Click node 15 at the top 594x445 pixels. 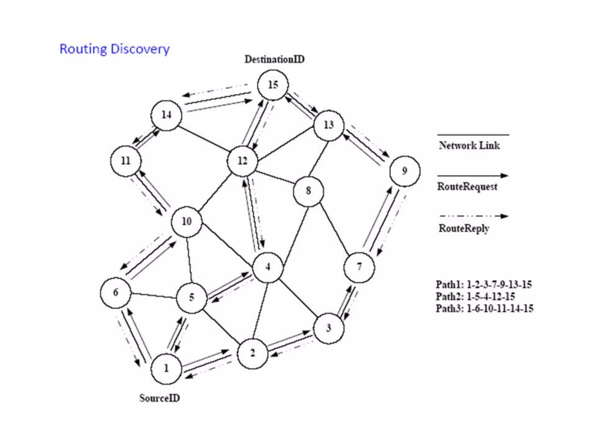[x=273, y=85]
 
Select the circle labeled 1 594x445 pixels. [x=166, y=369]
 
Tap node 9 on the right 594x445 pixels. [x=405, y=171]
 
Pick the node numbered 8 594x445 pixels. [x=308, y=191]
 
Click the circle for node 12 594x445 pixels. [x=242, y=161]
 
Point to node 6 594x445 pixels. [x=115, y=293]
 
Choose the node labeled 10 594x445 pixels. [x=186, y=222]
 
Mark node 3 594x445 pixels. [x=329, y=328]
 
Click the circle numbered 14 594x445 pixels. [x=166, y=115]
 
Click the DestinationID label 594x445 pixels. [x=274, y=59]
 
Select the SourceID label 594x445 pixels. [x=160, y=398]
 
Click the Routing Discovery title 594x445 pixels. [x=115, y=49]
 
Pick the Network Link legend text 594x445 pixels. [x=469, y=145]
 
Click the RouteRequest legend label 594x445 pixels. [x=467, y=187]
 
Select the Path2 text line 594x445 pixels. [x=475, y=297]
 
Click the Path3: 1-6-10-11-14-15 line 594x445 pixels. [x=484, y=309]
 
